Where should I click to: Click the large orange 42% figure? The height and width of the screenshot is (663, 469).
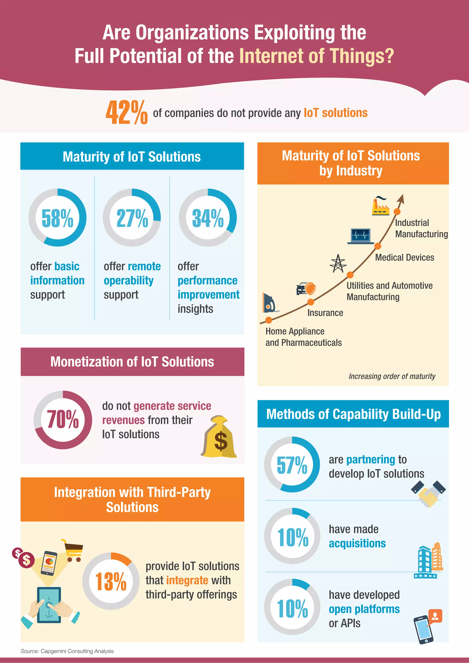coord(126,113)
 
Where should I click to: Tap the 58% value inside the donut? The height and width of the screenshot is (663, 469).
coord(57,218)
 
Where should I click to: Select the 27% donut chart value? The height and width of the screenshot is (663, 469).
coord(132,218)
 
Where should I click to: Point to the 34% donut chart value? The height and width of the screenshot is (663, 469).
coord(208,218)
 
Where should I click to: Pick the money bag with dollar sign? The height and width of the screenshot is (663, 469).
coord(219,437)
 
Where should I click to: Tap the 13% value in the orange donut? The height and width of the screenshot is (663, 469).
coord(111,581)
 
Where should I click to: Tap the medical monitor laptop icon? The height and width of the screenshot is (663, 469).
coord(360,236)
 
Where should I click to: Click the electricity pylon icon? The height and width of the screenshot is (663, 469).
coord(338,263)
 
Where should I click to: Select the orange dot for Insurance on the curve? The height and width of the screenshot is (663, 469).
coord(311,302)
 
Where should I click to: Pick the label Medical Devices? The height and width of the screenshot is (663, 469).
coord(404,257)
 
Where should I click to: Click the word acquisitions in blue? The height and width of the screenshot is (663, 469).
coord(357,543)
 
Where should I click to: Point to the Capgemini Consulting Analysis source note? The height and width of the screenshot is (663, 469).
coord(67,651)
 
